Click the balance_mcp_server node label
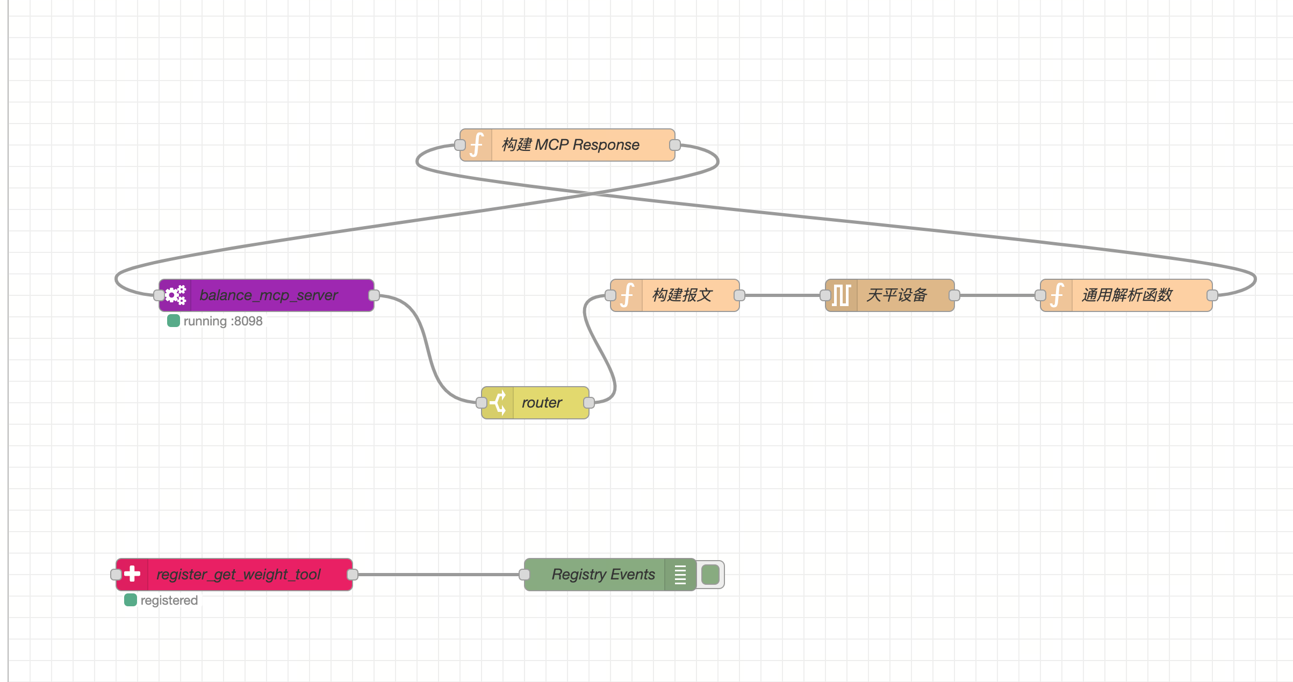pyautogui.click(x=269, y=295)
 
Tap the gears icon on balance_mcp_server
pyautogui.click(x=175, y=295)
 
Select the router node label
pyautogui.click(x=542, y=403)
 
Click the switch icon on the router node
pyautogui.click(x=498, y=403)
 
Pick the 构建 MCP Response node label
pyautogui.click(x=571, y=145)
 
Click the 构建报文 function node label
pyautogui.click(x=682, y=295)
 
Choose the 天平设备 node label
pyautogui.click(x=897, y=295)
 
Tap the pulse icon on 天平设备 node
pyautogui.click(x=841, y=295)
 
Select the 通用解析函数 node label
pyautogui.click(x=1127, y=295)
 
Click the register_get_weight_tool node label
pyautogui.click(x=239, y=575)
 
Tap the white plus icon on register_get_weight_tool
pyautogui.click(x=132, y=575)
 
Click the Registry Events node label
pyautogui.click(x=603, y=575)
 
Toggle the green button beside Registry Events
pyautogui.click(x=710, y=575)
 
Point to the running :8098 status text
pyautogui.click(x=223, y=321)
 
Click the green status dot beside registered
pyautogui.click(x=131, y=600)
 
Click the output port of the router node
pyautogui.click(x=589, y=403)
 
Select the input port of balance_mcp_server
pyautogui.click(x=159, y=295)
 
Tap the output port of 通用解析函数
pyautogui.click(x=1212, y=295)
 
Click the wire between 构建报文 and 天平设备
pyautogui.click(x=782, y=295)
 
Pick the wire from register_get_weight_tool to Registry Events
pyautogui.click(x=439, y=575)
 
